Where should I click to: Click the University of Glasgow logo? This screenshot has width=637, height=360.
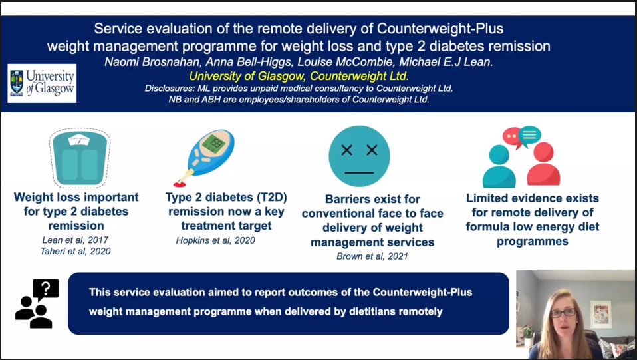(42, 83)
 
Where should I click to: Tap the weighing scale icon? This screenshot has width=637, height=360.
(79, 158)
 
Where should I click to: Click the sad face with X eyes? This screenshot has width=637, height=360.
(359, 156)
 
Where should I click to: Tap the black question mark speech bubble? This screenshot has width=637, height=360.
(46, 289)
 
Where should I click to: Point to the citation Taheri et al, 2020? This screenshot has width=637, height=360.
(76, 251)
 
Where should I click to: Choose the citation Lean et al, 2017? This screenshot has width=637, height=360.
(76, 240)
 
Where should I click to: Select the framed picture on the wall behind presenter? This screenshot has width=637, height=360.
(601, 314)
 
